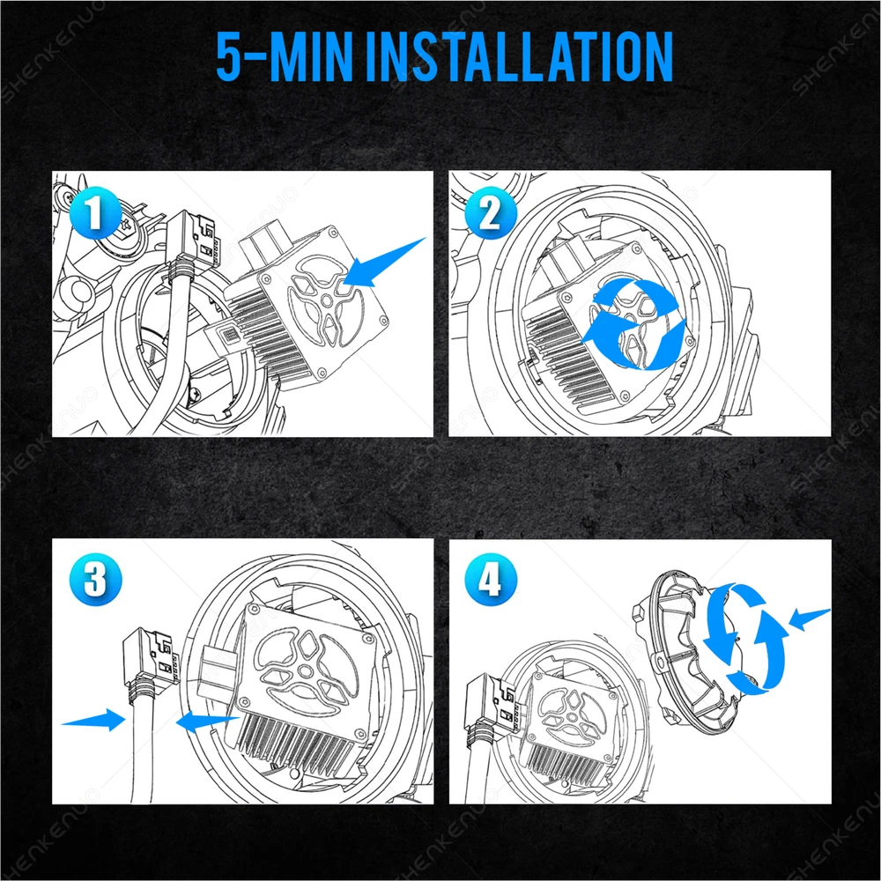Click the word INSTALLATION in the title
point(520,56)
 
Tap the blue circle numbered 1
point(95,213)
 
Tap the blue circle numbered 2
point(491,213)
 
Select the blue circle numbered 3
point(95,580)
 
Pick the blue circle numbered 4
point(491,580)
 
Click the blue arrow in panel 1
point(384,263)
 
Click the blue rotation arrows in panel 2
point(633,324)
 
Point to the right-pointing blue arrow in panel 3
point(93,720)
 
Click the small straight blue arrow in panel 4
point(809,618)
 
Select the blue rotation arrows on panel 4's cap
point(745,640)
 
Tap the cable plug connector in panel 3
point(152,656)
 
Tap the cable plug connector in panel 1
point(193,238)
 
